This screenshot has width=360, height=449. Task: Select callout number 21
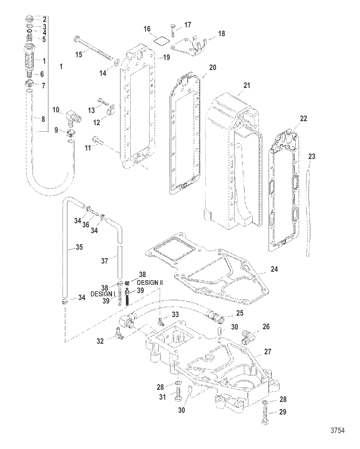pos(247,85)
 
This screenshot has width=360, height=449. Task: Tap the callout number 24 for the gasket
pos(274,269)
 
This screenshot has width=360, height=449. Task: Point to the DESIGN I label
pos(103,294)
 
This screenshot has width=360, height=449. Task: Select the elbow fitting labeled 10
pos(73,117)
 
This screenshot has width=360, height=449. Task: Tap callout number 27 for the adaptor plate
pos(267,352)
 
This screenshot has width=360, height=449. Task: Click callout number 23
pos(312,156)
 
